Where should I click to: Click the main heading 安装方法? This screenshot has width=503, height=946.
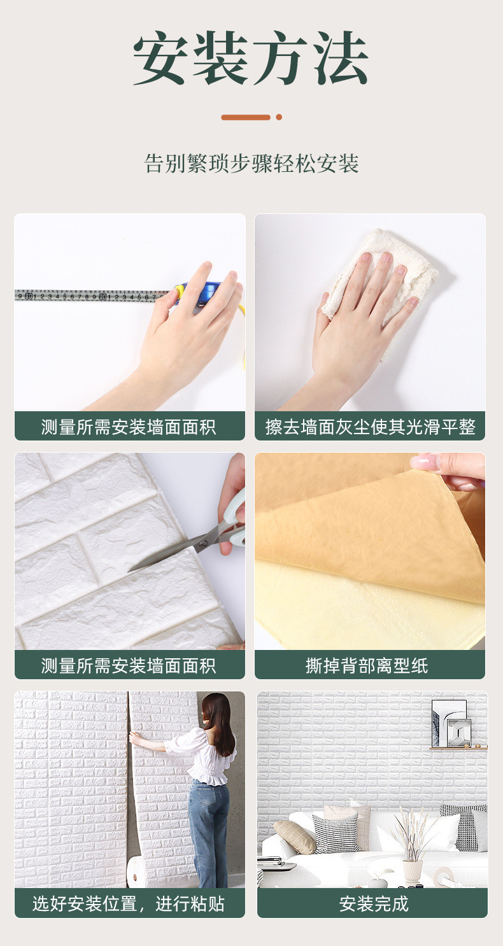coord(251,58)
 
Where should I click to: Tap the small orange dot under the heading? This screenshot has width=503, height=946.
coord(279,117)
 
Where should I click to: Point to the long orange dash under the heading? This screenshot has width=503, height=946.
coord(245,117)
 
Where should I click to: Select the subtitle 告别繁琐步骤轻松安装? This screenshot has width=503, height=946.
coord(251,164)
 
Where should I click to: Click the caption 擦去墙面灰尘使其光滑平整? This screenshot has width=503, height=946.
coord(371,427)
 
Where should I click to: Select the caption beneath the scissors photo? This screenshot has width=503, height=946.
coord(129,666)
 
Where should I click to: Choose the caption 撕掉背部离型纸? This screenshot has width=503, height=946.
coord(367,666)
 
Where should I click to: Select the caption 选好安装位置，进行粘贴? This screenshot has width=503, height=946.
coord(129,904)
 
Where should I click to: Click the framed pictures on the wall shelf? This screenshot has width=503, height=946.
coord(451,723)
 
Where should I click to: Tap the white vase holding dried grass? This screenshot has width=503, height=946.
coord(412,870)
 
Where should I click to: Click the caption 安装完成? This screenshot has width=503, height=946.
coord(374,904)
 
